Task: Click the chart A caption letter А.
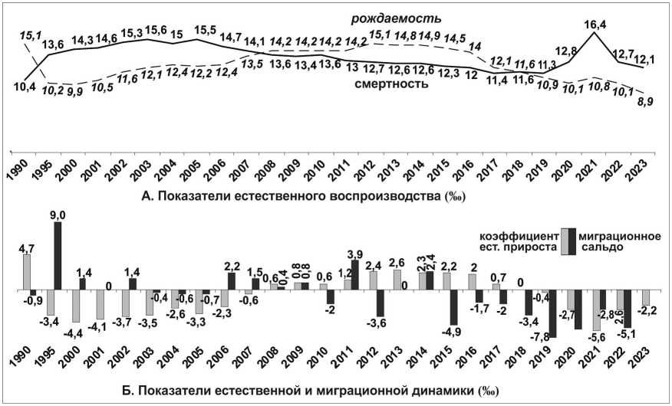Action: click(x=147, y=197)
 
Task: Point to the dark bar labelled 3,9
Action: click(x=354, y=275)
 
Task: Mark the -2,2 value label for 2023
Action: click(x=649, y=311)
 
